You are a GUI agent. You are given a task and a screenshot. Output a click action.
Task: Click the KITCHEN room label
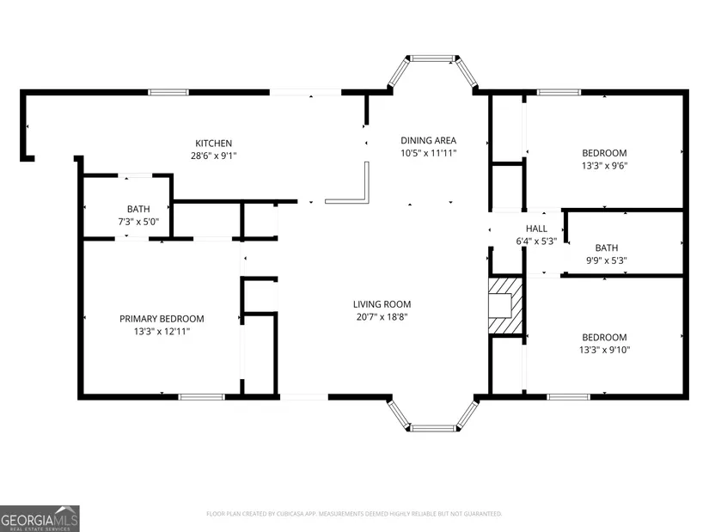(x=213, y=144)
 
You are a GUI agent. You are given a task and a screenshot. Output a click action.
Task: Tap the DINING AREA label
(x=428, y=140)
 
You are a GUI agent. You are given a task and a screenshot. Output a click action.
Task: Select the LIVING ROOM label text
(x=382, y=304)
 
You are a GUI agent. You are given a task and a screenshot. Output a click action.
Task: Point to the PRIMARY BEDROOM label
(x=162, y=319)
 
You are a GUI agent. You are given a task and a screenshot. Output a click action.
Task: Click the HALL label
(x=536, y=229)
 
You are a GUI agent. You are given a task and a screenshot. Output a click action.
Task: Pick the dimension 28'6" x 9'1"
(x=213, y=156)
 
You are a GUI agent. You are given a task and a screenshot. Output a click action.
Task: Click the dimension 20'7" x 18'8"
(x=382, y=317)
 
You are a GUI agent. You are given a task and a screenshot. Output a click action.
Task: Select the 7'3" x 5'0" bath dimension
(x=138, y=222)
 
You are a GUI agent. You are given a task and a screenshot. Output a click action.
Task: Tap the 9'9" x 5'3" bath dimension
(x=607, y=260)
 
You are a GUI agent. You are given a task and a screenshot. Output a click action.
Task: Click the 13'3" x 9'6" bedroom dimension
(x=604, y=166)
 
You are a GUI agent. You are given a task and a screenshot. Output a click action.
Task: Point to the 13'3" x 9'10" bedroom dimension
(x=604, y=350)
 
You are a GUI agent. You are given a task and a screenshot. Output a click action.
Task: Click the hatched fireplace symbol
(x=505, y=306)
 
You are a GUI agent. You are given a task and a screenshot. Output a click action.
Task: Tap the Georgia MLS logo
(x=40, y=518)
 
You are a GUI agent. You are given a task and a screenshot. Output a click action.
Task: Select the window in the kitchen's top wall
(x=168, y=92)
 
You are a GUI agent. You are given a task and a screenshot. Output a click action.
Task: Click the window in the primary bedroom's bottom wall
(x=202, y=397)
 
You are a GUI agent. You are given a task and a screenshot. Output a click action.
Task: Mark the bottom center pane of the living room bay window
(x=433, y=428)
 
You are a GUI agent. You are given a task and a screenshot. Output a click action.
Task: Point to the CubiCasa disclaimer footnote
(x=354, y=514)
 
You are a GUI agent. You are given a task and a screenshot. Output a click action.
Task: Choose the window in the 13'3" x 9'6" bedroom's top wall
(x=559, y=92)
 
